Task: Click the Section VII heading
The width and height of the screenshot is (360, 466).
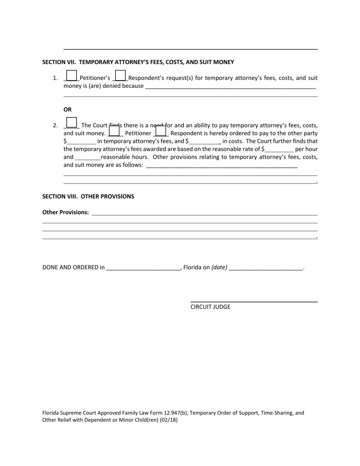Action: (x=138, y=62)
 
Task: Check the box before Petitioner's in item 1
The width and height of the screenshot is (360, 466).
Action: (x=71, y=76)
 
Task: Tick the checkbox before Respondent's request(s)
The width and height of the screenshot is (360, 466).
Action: (x=120, y=76)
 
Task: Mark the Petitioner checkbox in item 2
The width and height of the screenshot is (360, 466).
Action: (x=114, y=131)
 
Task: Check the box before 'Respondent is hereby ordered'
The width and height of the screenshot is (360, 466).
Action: (x=161, y=131)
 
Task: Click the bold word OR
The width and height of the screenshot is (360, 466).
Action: (x=67, y=109)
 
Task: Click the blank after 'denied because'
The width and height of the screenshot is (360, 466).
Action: (x=230, y=86)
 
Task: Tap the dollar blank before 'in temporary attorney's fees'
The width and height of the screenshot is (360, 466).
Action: (x=81, y=142)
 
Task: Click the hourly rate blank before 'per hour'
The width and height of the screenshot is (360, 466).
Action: (x=279, y=149)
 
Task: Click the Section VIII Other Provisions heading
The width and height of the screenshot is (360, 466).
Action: (x=88, y=196)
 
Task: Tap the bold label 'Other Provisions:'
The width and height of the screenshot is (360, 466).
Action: (x=66, y=212)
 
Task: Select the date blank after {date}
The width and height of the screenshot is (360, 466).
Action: (x=266, y=267)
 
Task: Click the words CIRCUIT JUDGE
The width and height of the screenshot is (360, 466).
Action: (x=210, y=307)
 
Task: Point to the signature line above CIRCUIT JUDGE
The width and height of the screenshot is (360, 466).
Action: (x=254, y=302)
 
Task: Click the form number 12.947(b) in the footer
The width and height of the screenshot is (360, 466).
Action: (x=175, y=413)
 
